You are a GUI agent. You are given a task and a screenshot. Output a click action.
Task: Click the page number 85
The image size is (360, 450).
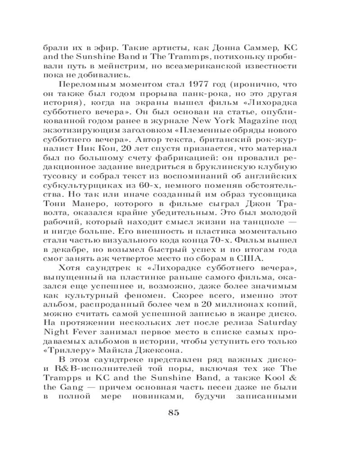coord(173,414)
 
